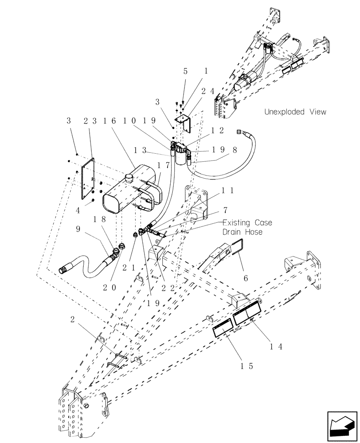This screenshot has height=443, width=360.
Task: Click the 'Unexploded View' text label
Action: [295, 112]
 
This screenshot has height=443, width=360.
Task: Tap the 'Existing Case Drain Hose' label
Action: [247, 227]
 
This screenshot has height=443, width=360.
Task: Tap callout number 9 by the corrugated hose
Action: [78, 229]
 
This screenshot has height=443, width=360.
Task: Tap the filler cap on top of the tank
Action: [129, 178]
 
